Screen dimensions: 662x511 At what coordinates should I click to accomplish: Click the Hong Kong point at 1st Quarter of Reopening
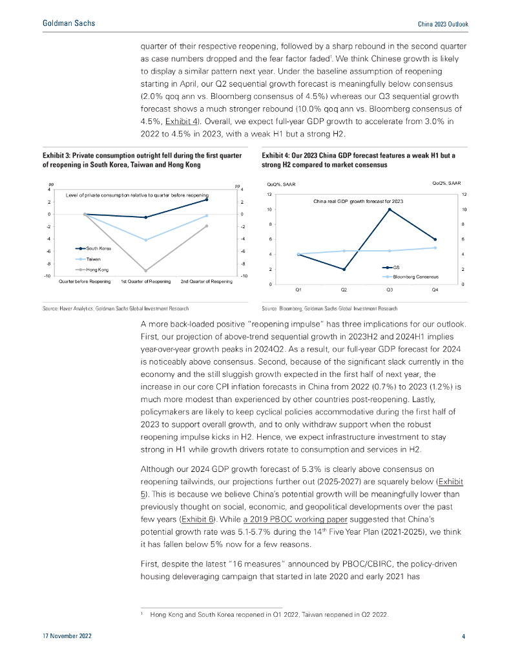click(145, 270)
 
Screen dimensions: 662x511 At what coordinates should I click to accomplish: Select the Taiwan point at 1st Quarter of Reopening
click(145, 240)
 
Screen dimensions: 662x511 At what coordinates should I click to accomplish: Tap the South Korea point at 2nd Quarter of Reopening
click(207, 200)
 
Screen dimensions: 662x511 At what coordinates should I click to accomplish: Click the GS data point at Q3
click(390, 209)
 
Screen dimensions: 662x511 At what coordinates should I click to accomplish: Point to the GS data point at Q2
click(344, 269)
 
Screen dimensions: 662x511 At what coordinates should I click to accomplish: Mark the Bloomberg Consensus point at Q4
click(435, 248)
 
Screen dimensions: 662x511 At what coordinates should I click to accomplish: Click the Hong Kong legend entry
click(93, 268)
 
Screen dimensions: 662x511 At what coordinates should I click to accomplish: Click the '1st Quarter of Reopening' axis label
click(145, 282)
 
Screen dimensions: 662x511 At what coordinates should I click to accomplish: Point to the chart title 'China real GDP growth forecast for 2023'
click(358, 201)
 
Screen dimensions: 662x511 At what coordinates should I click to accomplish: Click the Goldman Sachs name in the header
click(68, 23)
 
